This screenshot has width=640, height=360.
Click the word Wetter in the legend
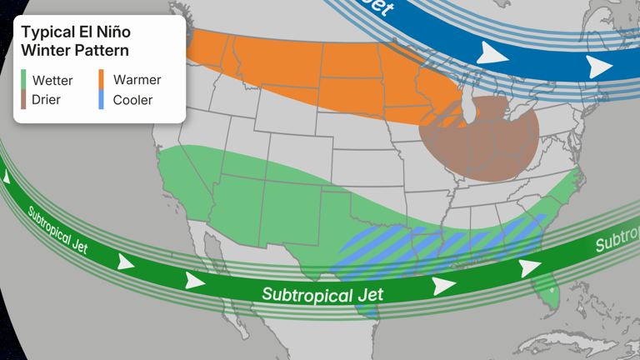(x=52, y=81)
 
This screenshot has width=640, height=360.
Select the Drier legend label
(x=46, y=100)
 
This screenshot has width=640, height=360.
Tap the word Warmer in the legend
(x=137, y=80)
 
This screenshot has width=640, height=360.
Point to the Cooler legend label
(x=132, y=100)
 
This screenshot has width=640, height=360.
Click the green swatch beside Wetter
(x=23, y=81)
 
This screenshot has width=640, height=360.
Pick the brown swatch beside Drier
(x=23, y=100)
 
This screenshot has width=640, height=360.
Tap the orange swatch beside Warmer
(x=102, y=80)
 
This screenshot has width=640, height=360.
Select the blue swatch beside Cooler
(x=102, y=100)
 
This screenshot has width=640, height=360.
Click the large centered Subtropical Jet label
(x=322, y=293)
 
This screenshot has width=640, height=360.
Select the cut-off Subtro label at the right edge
(x=617, y=241)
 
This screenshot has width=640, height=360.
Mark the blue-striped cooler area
(x=433, y=246)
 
